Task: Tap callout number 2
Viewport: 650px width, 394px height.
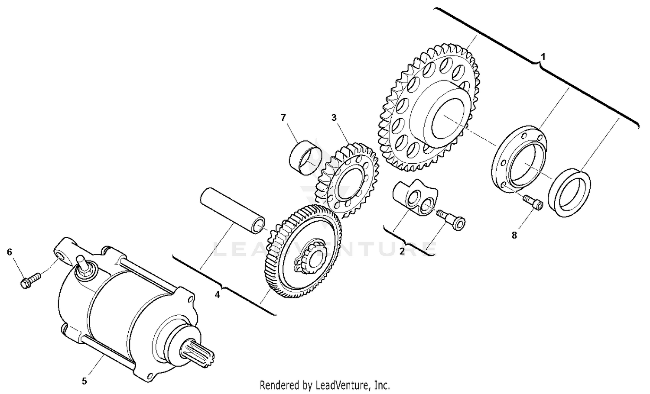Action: pos(402,251)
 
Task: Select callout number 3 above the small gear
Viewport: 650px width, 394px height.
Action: pos(334,117)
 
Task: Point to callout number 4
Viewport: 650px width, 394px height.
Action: pos(218,295)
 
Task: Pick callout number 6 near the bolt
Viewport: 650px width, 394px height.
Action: pos(9,252)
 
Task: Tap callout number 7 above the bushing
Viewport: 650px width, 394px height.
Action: pos(283,117)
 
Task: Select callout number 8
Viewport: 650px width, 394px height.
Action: pos(514,235)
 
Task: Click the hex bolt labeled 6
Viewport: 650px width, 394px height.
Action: pos(29,279)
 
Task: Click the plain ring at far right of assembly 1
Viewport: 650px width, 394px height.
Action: pos(569,193)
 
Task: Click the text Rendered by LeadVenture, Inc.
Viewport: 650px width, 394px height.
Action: pos(325,384)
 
